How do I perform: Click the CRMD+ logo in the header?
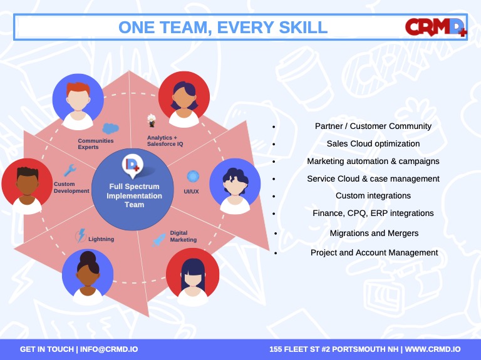click(436, 28)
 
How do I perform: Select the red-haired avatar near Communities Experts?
click(78, 101)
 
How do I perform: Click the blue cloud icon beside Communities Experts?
click(110, 128)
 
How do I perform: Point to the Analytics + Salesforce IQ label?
click(165, 141)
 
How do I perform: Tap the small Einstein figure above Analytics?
click(151, 120)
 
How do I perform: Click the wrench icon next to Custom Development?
click(70, 170)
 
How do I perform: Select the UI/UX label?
click(191, 192)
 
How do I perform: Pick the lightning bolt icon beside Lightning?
click(81, 235)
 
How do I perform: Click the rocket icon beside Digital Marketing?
click(158, 240)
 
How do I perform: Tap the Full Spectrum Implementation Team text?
click(135, 195)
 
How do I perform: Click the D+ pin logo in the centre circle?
click(133, 166)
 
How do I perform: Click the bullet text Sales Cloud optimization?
click(373, 144)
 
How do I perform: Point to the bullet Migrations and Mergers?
click(374, 234)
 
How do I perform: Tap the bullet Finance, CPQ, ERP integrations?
click(373, 213)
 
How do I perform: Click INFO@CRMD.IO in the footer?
click(109, 349)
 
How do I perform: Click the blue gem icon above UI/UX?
click(193, 177)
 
